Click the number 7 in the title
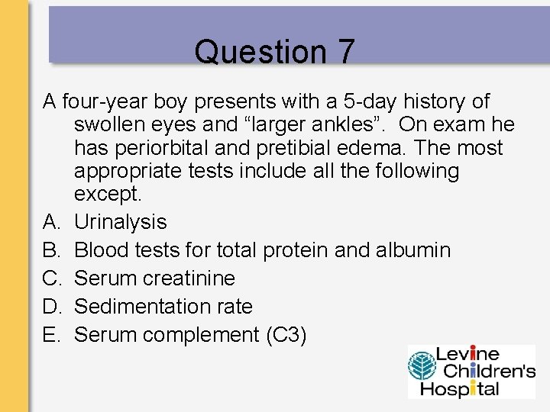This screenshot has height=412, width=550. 345,52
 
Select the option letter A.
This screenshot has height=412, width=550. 51,222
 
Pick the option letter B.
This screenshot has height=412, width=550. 51,250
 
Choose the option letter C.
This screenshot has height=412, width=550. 51,278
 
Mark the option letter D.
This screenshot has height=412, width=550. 51,307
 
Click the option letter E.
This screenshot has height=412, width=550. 51,335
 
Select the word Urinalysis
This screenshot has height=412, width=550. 121,222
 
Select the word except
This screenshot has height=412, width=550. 108,194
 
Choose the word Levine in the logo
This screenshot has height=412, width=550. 467,355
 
